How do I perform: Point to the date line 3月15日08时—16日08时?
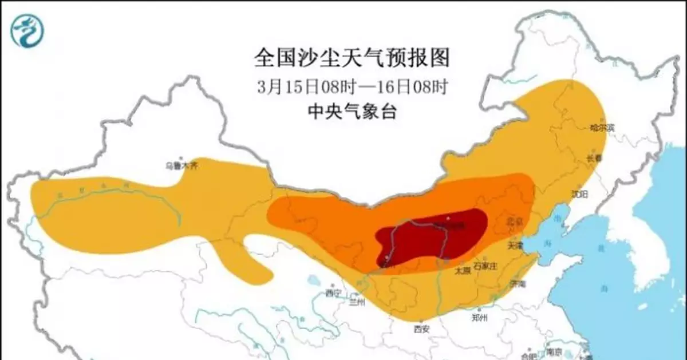pos(352,88)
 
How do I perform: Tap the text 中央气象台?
pos(352,112)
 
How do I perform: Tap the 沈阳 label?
pos(580,194)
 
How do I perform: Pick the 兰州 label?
pos(356,302)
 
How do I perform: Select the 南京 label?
pos(554,351)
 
